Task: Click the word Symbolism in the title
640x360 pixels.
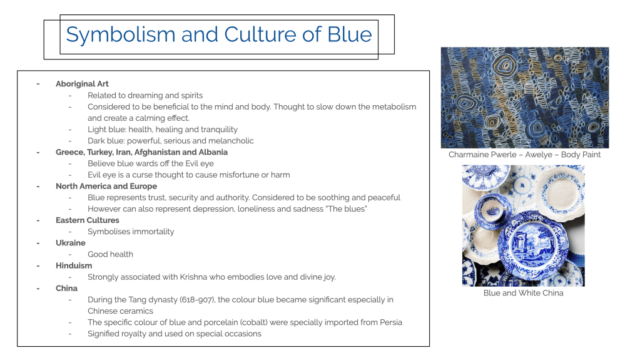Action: (121, 35)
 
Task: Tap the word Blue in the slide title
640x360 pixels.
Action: (349, 34)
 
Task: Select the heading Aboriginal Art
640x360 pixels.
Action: (82, 84)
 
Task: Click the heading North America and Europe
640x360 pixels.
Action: (106, 186)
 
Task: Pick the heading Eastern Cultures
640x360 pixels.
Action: (88, 220)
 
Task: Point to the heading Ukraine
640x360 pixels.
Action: (71, 243)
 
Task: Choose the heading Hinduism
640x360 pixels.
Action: (74, 265)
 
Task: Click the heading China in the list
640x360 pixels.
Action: (66, 288)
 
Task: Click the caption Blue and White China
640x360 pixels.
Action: (523, 293)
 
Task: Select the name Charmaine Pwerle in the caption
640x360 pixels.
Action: (482, 155)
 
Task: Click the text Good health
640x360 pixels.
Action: (110, 254)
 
